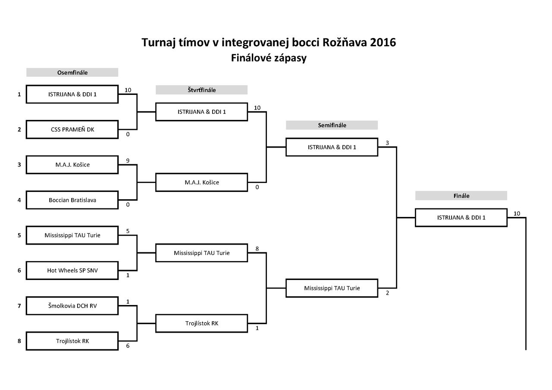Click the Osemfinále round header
(72, 72)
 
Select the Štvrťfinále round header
(201, 90)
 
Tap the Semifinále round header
(332, 125)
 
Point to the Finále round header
(461, 195)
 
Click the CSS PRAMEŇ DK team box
(72, 129)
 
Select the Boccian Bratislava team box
(72, 200)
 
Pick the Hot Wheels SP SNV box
(72, 270)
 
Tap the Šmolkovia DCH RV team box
(72, 306)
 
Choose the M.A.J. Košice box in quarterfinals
(201, 182)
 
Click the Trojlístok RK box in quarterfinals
(201, 323)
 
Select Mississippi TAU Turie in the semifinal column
(332, 288)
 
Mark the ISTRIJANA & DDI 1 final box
(461, 218)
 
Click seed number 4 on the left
(19, 200)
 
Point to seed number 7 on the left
(19, 306)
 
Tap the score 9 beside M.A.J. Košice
(128, 160)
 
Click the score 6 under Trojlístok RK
(128, 346)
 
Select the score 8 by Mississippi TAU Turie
(257, 248)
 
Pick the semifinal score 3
(387, 143)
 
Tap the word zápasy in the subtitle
(290, 58)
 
